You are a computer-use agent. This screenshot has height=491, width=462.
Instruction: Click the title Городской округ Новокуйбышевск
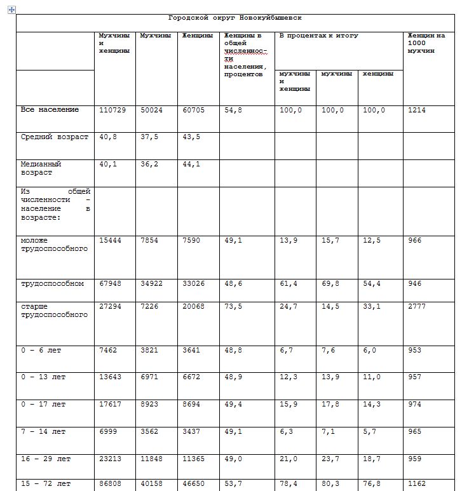(234, 18)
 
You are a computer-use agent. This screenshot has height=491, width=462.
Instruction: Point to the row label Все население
(50, 110)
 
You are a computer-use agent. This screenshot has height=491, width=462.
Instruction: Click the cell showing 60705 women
(194, 110)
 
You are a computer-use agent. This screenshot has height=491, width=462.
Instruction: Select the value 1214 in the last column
(417, 110)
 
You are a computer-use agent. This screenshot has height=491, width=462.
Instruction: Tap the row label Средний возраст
(55, 137)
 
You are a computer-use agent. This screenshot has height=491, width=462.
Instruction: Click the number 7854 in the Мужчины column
(151, 241)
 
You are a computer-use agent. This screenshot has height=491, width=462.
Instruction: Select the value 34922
(151, 283)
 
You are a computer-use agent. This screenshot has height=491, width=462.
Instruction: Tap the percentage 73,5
(233, 307)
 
